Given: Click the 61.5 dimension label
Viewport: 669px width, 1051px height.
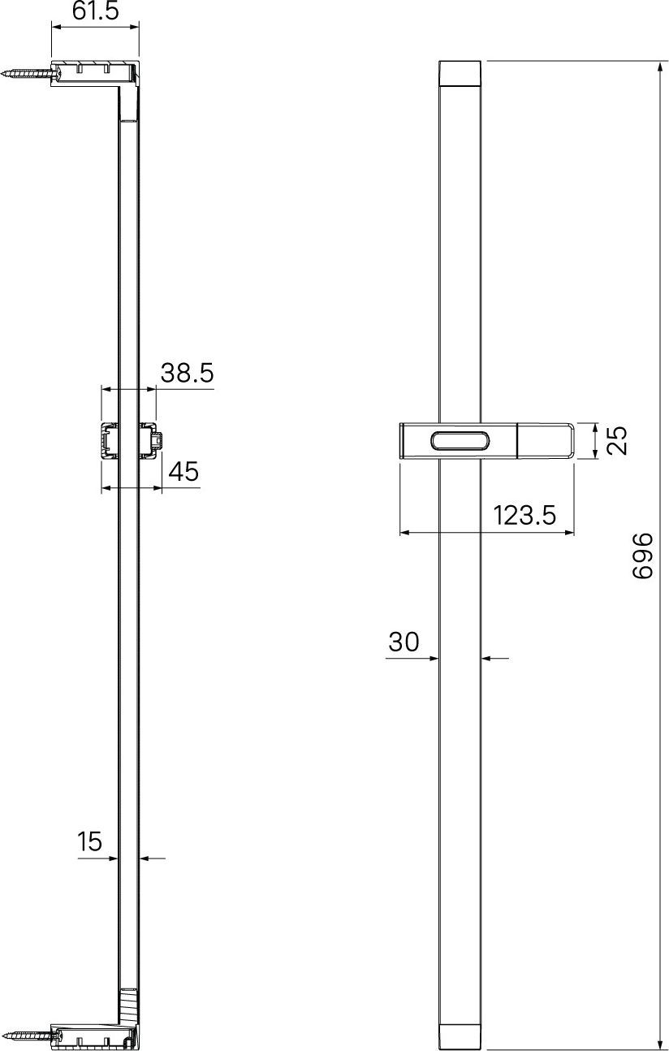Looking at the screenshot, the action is tap(96, 11).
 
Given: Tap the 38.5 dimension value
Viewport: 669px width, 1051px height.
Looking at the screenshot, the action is tap(188, 373).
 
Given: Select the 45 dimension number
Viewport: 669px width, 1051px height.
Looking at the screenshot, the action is tap(183, 471).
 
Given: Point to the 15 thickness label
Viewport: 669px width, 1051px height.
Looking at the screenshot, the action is tap(89, 841).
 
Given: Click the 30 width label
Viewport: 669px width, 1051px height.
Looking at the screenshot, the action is tap(404, 642).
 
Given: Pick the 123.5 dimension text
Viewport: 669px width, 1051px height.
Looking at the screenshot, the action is tap(524, 516).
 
